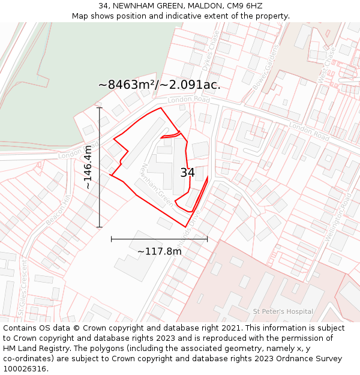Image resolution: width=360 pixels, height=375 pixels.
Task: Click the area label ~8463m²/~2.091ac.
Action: point(159,85)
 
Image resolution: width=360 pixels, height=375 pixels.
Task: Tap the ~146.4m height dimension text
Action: point(88,167)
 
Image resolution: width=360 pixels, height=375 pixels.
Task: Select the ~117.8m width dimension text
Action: point(159,251)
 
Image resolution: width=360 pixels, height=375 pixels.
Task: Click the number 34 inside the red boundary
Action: point(187,173)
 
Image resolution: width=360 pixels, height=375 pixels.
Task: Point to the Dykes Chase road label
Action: point(208,52)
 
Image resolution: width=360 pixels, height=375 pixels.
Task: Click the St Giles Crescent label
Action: point(22,288)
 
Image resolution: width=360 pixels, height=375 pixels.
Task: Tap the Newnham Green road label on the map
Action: point(157,185)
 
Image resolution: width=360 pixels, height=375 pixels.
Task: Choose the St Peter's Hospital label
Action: point(283,311)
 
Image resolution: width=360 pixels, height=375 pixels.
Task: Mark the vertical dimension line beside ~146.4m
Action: point(100,167)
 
